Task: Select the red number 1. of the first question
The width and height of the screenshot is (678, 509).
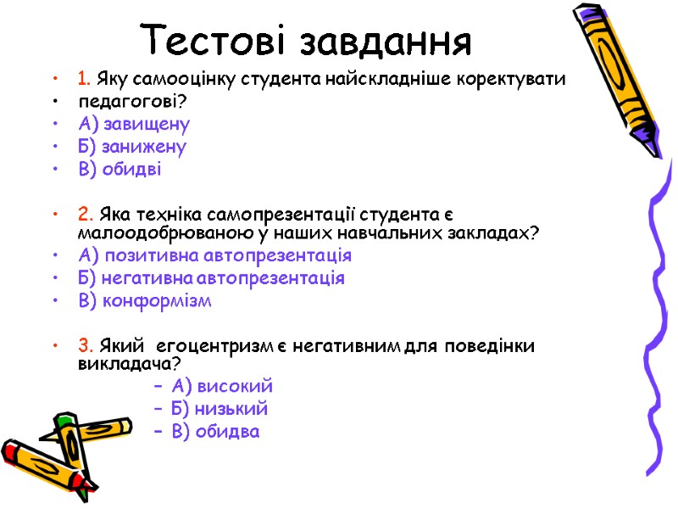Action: (x=84, y=80)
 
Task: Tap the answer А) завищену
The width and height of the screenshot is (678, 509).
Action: (x=133, y=125)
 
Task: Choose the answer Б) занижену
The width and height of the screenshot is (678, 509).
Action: (x=132, y=147)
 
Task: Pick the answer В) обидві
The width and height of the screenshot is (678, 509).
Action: (x=119, y=169)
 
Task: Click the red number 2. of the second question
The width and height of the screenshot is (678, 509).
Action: (x=85, y=213)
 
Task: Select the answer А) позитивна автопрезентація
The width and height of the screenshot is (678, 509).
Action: (x=214, y=256)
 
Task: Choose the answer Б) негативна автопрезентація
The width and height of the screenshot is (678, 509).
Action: (x=211, y=278)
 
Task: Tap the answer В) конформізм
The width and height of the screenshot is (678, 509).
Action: (x=145, y=300)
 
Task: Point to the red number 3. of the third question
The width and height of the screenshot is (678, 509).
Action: (x=85, y=345)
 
